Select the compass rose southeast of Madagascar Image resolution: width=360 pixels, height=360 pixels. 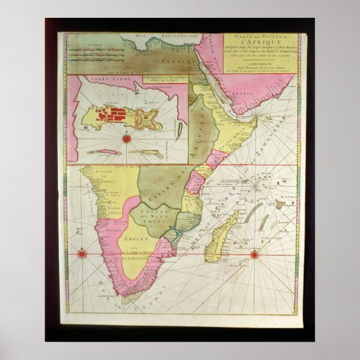coord(254,255)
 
